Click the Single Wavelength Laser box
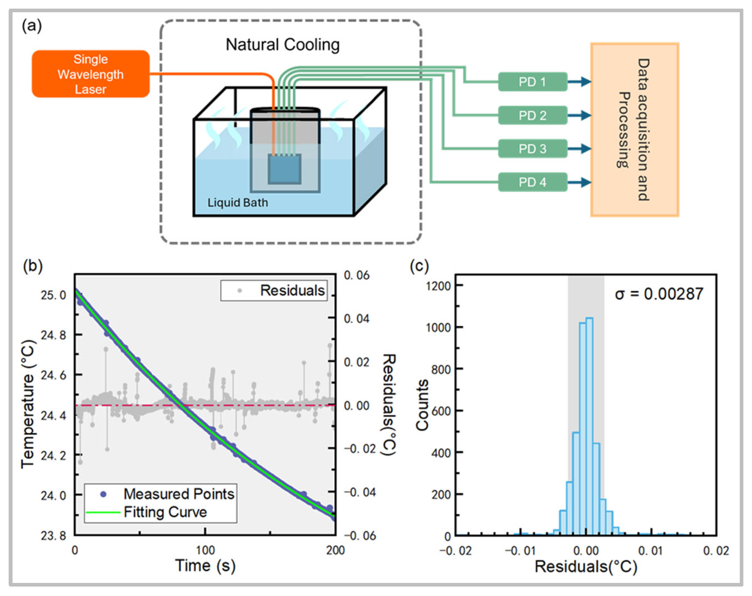(90, 74)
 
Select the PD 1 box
(532, 82)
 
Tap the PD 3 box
(532, 149)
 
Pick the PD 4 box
(532, 182)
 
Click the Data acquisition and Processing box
(634, 130)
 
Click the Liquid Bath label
(238, 202)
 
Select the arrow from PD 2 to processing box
(579, 115)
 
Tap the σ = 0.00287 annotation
(659, 294)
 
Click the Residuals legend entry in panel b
(274, 290)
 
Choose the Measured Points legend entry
(160, 494)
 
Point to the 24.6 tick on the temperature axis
(53, 375)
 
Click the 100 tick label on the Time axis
(205, 550)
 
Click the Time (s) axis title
(205, 565)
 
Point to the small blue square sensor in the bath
(284, 169)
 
